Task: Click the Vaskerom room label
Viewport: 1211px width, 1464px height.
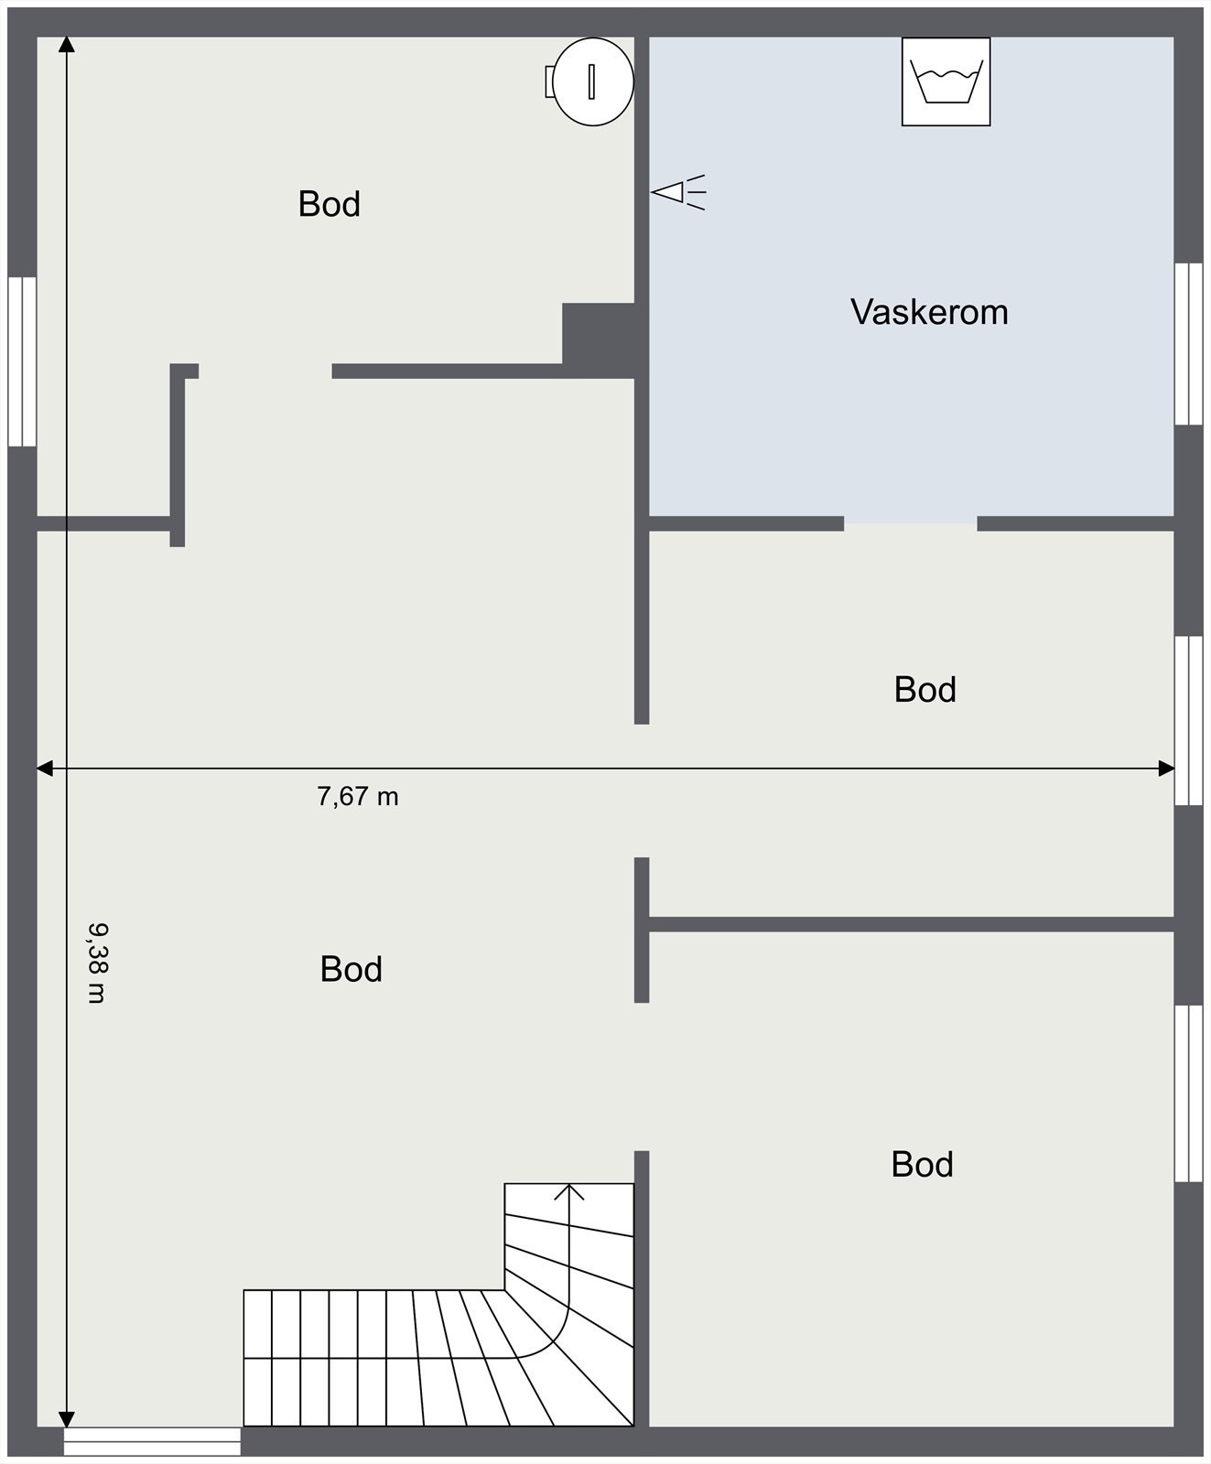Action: (x=929, y=312)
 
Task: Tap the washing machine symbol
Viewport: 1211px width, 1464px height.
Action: (x=946, y=81)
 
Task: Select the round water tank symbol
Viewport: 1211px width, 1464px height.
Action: (x=591, y=81)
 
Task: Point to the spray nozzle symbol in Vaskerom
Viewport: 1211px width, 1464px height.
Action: (x=678, y=192)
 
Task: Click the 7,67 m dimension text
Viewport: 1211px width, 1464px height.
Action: (x=358, y=797)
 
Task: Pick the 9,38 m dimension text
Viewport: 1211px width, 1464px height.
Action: (x=96, y=963)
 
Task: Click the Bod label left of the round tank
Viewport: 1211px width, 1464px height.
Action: (x=330, y=204)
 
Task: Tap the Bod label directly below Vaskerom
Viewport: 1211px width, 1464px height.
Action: (x=925, y=690)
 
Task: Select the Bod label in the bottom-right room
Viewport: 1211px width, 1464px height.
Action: (x=923, y=1165)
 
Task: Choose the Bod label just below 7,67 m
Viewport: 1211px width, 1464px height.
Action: (x=351, y=969)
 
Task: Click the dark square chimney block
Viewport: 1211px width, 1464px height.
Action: (x=599, y=334)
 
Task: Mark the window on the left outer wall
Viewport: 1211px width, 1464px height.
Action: (x=22, y=362)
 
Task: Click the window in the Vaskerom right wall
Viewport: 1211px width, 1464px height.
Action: (x=1188, y=344)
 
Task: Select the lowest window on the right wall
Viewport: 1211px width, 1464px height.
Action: (x=1188, y=1093)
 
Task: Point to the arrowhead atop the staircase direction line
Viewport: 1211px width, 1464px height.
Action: (x=569, y=1190)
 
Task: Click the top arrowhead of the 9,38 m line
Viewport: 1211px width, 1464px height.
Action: (x=66, y=44)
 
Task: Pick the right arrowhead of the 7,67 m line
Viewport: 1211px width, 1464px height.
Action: (x=1167, y=769)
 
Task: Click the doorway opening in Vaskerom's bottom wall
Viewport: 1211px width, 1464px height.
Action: (x=911, y=523)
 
